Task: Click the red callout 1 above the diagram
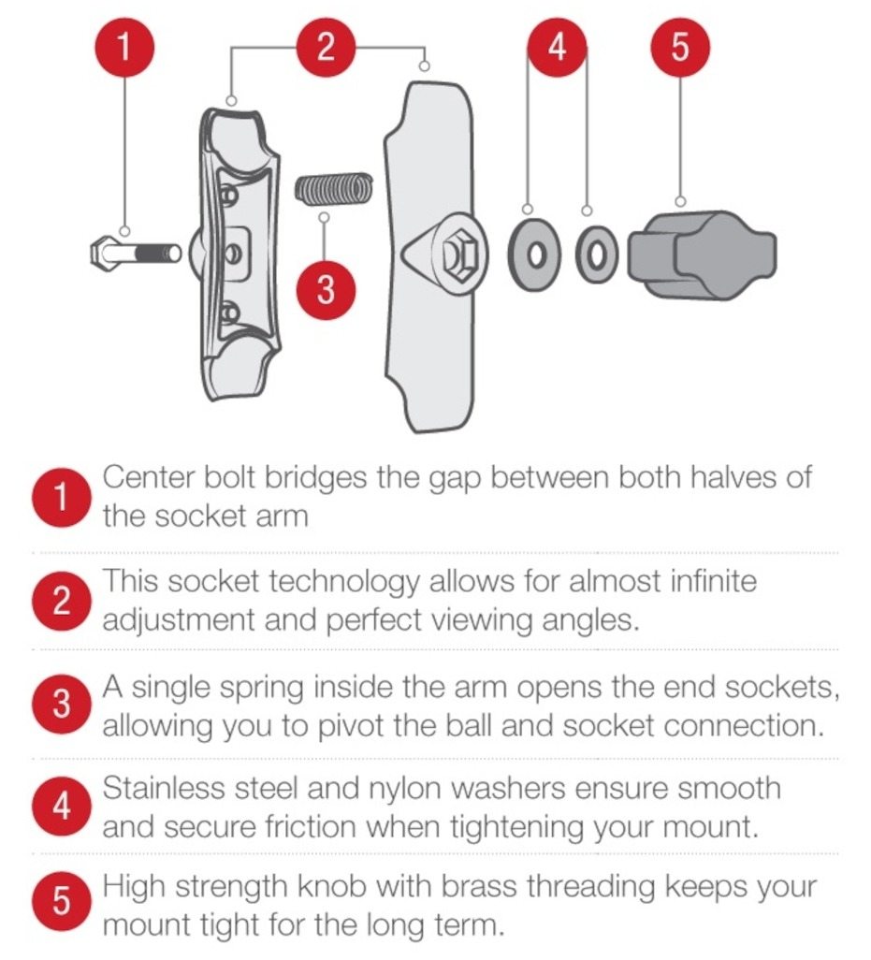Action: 124,48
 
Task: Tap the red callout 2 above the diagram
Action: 327,48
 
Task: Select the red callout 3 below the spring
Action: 327,290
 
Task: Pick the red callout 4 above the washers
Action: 557,48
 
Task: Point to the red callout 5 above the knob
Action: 681,48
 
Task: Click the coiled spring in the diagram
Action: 334,188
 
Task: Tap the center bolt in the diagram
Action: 136,253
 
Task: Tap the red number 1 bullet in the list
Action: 61,497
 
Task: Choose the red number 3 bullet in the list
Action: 61,705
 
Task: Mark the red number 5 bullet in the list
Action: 61,901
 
